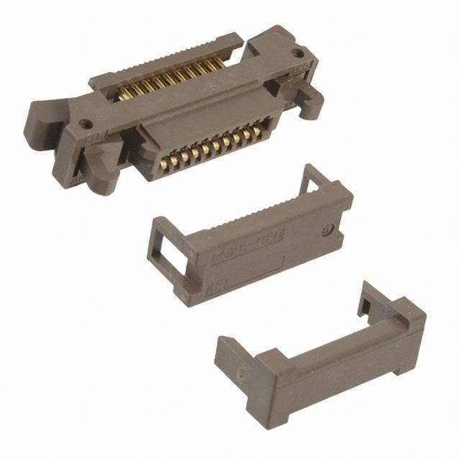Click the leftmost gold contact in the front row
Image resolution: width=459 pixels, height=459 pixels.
pos(164,164)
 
